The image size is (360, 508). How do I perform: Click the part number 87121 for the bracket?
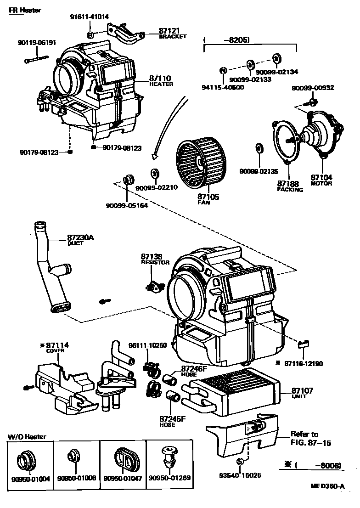coord(168,31)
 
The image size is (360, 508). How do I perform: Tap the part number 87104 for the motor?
coord(321,177)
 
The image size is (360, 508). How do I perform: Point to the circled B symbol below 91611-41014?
coord(90,35)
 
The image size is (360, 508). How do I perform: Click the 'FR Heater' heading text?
coord(25,10)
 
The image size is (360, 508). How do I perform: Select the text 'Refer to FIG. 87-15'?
coord(310,439)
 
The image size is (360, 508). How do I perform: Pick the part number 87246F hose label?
coord(194,368)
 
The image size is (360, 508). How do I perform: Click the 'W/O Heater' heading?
coord(27,436)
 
